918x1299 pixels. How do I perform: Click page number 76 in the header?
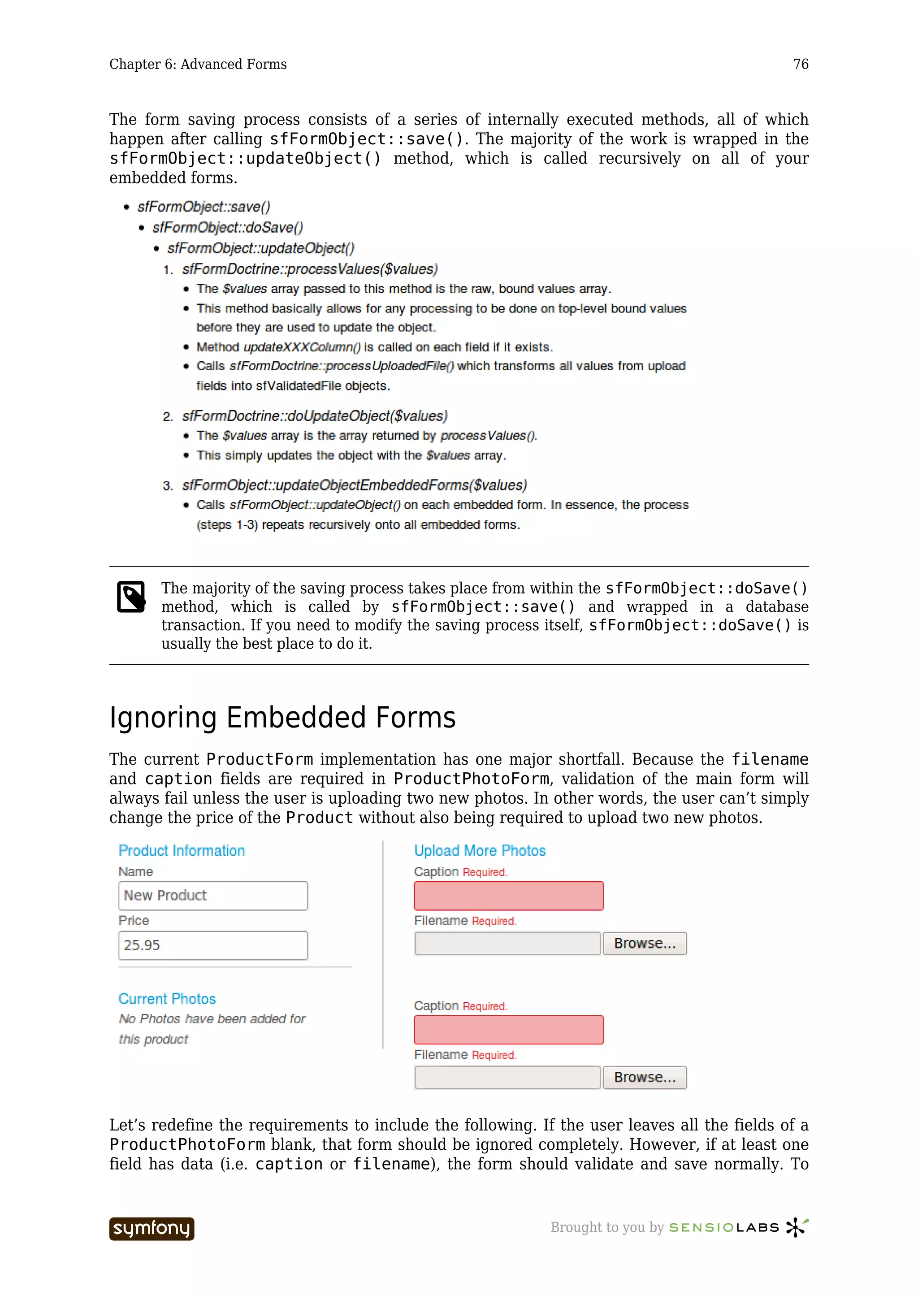point(801,65)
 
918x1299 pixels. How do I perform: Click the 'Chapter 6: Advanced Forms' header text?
point(198,65)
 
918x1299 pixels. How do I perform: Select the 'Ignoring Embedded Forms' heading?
point(282,717)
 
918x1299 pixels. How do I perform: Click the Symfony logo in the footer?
point(152,1228)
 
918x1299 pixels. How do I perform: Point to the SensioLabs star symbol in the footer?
point(797,1227)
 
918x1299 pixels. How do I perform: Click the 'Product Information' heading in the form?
point(182,850)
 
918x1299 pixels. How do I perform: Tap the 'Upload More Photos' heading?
point(480,850)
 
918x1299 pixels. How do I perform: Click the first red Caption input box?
point(508,896)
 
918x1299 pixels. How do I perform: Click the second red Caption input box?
point(508,1030)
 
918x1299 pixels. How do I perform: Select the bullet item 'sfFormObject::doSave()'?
point(227,227)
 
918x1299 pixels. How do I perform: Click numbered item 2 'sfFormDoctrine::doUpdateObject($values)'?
point(315,416)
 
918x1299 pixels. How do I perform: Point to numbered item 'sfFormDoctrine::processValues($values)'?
point(309,269)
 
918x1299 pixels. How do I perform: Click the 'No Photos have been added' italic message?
point(212,1029)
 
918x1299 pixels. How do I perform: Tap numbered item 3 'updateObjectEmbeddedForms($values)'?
point(354,485)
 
